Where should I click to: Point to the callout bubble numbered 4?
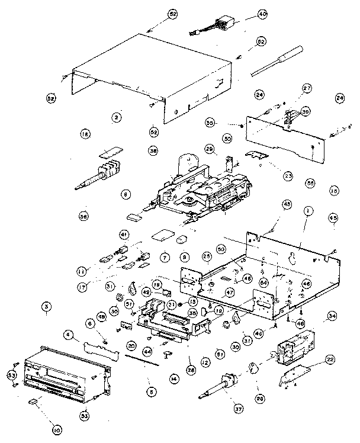tap(69, 336)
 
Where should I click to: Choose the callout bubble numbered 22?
tap(330, 359)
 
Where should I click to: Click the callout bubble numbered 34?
tap(332, 317)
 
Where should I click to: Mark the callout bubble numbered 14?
tap(173, 377)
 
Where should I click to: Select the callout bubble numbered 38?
tap(153, 152)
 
